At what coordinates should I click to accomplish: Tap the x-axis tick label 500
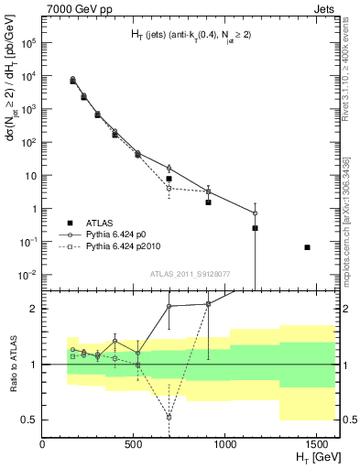coord(135,443)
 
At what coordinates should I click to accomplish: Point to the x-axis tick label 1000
coord(226,443)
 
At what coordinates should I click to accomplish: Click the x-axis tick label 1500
coord(318,443)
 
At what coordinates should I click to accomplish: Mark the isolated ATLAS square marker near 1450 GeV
coord(307,247)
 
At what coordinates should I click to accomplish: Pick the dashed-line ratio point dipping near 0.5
coord(169,417)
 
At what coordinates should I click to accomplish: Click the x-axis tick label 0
coord(43,443)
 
